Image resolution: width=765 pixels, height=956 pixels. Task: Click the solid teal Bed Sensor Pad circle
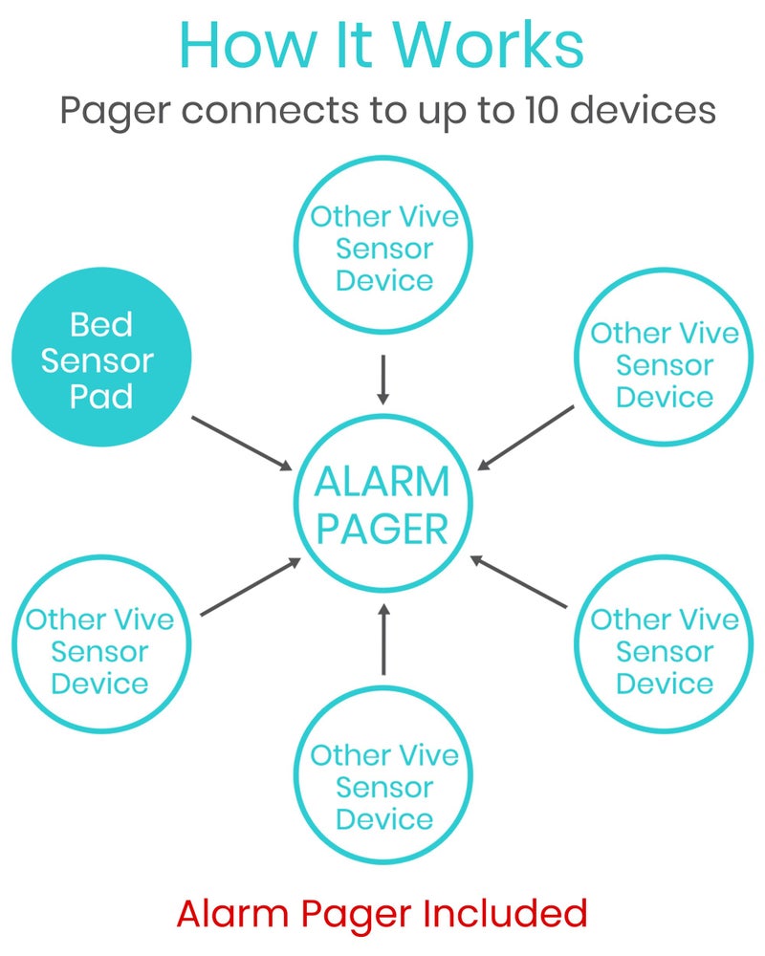coord(101,358)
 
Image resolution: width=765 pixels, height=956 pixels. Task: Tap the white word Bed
coord(100,325)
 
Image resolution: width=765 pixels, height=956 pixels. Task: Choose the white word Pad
coord(100,394)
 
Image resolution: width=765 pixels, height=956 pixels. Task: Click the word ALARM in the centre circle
coord(382,483)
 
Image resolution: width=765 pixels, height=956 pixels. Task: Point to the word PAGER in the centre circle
coord(382,529)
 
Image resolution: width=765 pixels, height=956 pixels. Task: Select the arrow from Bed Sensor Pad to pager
coord(242,443)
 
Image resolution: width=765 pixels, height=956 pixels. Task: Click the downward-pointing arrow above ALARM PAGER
coord(383,379)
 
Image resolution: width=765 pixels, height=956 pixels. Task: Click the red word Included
coord(508,914)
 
